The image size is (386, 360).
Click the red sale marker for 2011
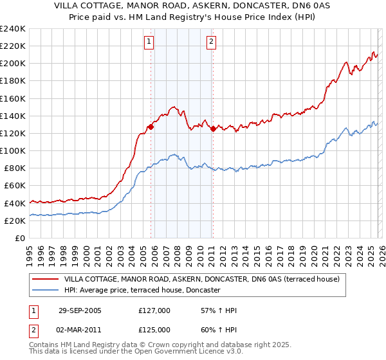[x=212, y=129]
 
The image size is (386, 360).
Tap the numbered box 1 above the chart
[x=149, y=42]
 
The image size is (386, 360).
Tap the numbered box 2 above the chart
[x=211, y=42]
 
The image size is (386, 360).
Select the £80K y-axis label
[x=15, y=168]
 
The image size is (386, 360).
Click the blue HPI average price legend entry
[x=142, y=291]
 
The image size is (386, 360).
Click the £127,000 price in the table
[x=154, y=310]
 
